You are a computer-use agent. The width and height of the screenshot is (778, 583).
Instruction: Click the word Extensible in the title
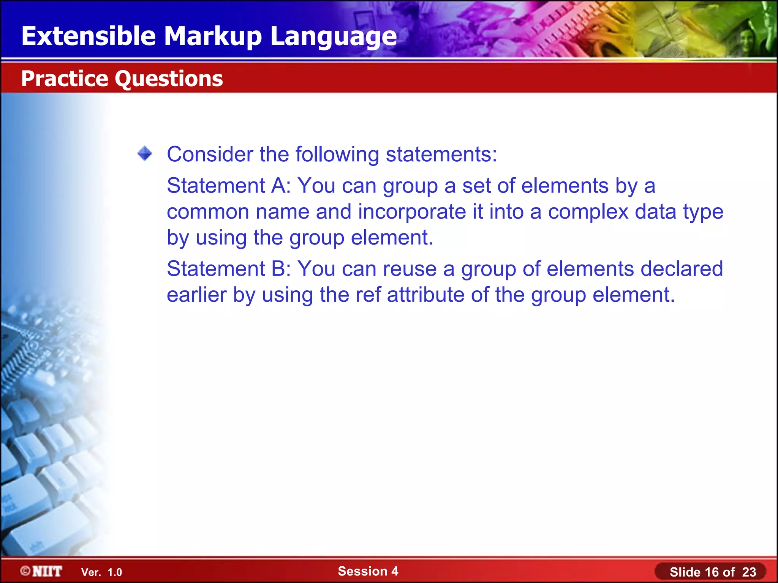[89, 36]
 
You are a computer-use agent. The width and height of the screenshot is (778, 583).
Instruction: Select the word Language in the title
[333, 36]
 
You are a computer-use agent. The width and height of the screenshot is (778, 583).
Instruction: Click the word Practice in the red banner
[65, 79]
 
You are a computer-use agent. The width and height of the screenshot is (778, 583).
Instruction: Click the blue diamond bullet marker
[145, 154]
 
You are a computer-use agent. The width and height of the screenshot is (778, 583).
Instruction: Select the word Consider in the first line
[210, 154]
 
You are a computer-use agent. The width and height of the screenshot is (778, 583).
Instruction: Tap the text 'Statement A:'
[228, 186]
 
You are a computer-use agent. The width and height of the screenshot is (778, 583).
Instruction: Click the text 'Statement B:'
[228, 269]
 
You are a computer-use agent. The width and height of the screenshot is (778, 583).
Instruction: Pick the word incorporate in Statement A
[412, 211]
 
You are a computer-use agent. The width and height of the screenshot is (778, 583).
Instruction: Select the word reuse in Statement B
[410, 269]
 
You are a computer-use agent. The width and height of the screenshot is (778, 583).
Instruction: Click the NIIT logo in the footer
[41, 571]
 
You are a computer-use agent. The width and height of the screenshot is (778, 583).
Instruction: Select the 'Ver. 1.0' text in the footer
[101, 572]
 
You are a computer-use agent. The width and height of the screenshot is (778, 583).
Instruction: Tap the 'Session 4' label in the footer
[368, 571]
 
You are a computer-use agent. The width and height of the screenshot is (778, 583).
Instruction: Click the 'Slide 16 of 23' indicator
[713, 572]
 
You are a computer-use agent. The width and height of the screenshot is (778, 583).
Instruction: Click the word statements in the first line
[441, 154]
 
